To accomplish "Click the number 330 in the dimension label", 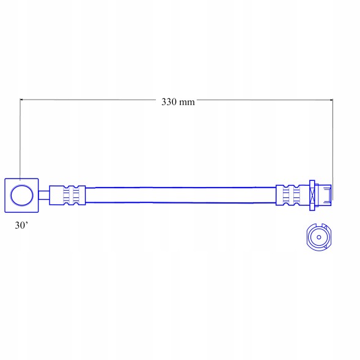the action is [169, 101].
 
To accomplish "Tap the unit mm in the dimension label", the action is [187, 103].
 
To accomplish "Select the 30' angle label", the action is [21, 226].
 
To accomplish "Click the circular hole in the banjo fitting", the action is [22, 196].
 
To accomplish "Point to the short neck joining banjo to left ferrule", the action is [44, 195].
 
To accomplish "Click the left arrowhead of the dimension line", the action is [21, 100].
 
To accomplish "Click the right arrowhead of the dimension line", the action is [331, 100].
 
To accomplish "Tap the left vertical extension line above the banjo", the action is [20, 139].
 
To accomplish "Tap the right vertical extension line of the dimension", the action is [332, 150].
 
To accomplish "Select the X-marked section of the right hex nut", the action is [312, 196].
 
